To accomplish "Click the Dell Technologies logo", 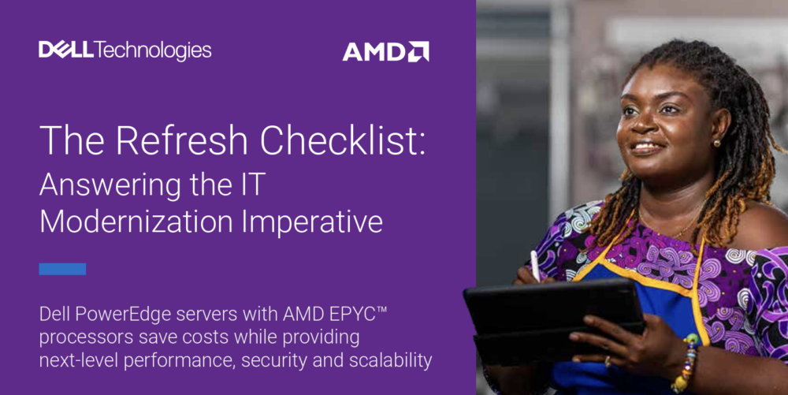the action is click(x=125, y=50).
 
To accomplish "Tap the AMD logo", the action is click(x=385, y=52).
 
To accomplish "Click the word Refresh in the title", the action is click(x=182, y=140).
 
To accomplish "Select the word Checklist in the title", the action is click(x=343, y=140).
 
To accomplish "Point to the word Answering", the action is click(x=110, y=186).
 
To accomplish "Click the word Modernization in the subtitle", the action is click(x=136, y=222).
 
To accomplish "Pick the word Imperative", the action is click(x=312, y=222).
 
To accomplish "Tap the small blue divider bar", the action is click(x=62, y=269).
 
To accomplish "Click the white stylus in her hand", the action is click(x=535, y=266).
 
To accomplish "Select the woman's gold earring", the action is click(x=716, y=143).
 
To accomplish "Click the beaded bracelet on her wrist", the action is click(x=685, y=363).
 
